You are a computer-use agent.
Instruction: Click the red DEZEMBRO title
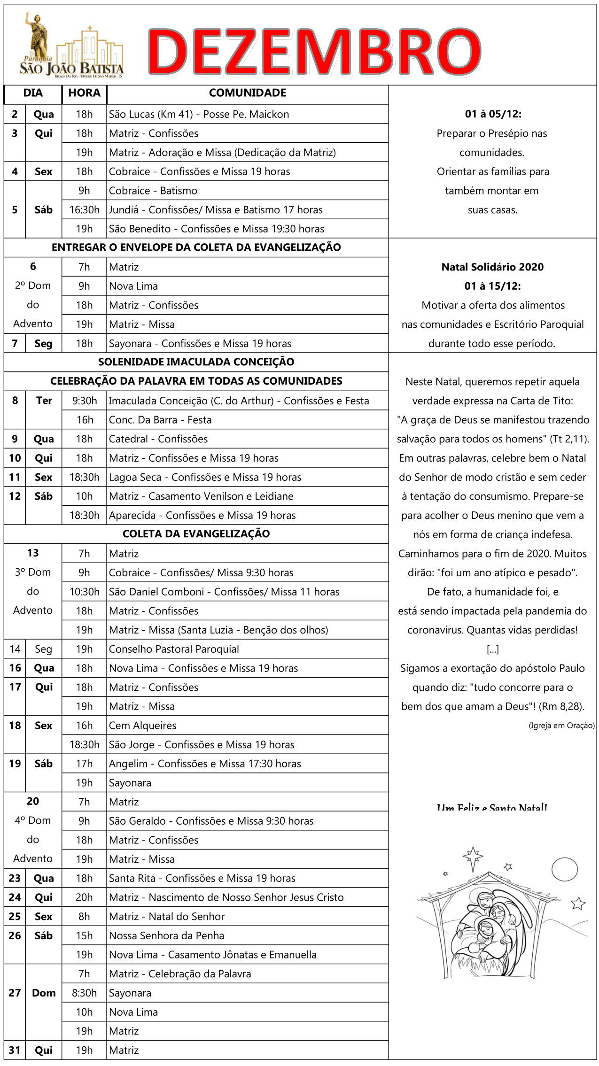(x=314, y=52)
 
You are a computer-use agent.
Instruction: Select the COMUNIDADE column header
(x=247, y=93)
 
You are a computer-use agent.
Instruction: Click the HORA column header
(x=84, y=93)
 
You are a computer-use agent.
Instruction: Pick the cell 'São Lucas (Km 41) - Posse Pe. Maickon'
(x=199, y=114)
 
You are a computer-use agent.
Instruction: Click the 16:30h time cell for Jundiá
(x=84, y=210)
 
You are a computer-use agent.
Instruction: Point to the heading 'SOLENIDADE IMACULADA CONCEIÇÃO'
(x=196, y=362)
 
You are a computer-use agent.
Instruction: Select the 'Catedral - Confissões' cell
(x=158, y=439)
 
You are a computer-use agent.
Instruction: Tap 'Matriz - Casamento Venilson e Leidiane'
(x=201, y=496)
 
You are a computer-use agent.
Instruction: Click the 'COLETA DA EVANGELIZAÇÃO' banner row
(x=196, y=534)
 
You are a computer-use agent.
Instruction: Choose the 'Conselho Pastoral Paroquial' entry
(x=174, y=649)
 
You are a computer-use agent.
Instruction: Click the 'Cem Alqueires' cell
(x=143, y=726)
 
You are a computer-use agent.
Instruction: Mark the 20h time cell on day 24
(x=84, y=898)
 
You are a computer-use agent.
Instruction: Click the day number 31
(x=15, y=1051)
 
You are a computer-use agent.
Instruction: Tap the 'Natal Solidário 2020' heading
(x=492, y=267)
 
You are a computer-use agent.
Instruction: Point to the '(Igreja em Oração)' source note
(x=561, y=726)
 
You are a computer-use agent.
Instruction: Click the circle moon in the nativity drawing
(x=564, y=869)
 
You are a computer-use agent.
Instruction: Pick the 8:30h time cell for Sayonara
(x=84, y=993)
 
